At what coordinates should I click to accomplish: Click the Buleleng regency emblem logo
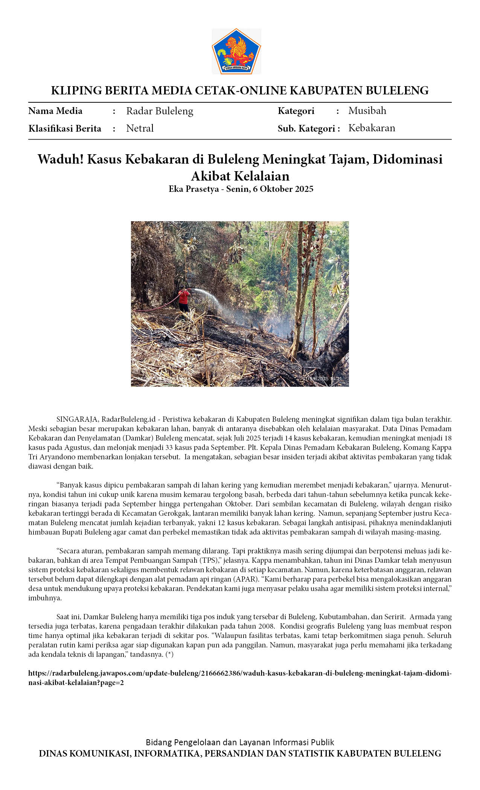point(236,52)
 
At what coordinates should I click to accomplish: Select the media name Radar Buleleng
point(160,111)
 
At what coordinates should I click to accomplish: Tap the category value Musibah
point(367,111)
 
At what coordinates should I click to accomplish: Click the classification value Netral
point(140,128)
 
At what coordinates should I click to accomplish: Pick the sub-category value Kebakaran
point(372,128)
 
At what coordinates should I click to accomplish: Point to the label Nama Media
point(55,111)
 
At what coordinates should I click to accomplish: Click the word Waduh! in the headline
point(60,160)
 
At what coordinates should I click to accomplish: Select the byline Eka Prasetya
point(194,189)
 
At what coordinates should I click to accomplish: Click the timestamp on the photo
point(322,378)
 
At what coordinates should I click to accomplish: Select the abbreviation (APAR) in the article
point(248,579)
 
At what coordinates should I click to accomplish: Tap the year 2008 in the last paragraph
point(267,626)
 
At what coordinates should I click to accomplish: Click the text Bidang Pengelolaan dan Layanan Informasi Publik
point(240,742)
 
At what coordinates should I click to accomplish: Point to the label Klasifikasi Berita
point(65,128)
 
